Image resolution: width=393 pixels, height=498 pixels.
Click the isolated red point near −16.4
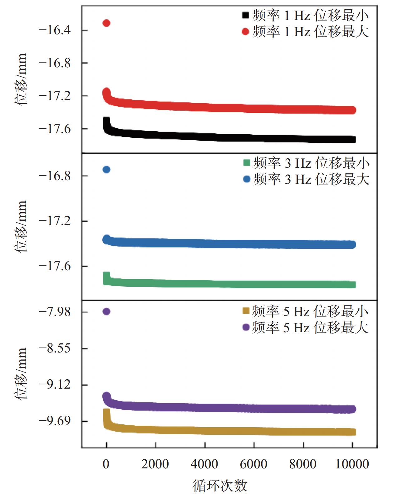pyautogui.click(x=106, y=23)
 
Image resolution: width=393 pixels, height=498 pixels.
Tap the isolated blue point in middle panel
pyautogui.click(x=106, y=170)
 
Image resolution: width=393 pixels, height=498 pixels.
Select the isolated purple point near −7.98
pyautogui.click(x=106, y=311)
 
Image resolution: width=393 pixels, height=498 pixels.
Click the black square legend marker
pyautogui.click(x=246, y=15)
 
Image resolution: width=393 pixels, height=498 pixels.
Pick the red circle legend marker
pyautogui.click(x=246, y=31)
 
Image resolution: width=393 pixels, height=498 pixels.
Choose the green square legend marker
pyautogui.click(x=247, y=163)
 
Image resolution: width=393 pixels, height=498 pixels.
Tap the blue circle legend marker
pyautogui.click(x=247, y=179)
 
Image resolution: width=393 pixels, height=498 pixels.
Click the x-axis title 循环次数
pyautogui.click(x=220, y=486)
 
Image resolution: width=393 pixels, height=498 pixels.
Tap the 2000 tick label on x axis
pyautogui.click(x=155, y=464)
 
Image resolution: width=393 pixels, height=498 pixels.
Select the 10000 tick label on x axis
pyautogui.click(x=352, y=464)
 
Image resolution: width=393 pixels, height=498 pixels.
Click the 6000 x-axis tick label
pyautogui.click(x=253, y=464)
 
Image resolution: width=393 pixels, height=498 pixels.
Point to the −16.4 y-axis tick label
pyautogui.click(x=54, y=30)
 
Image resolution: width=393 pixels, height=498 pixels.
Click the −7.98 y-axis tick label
pyautogui.click(x=54, y=312)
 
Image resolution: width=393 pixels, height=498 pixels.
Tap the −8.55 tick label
pyautogui.click(x=54, y=348)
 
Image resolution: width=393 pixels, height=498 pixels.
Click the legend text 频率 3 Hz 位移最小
pyautogui.click(x=311, y=163)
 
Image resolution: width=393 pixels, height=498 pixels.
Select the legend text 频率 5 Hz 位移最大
pyautogui.click(x=310, y=328)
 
